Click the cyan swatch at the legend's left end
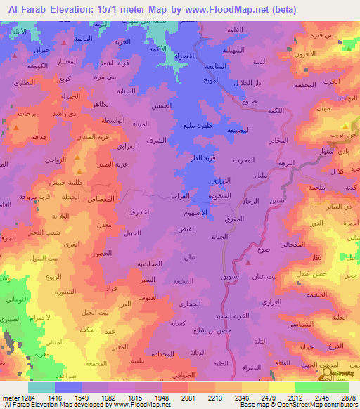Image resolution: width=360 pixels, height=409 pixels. click(x=41, y=387)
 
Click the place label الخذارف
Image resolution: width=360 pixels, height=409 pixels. click(x=140, y=211)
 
